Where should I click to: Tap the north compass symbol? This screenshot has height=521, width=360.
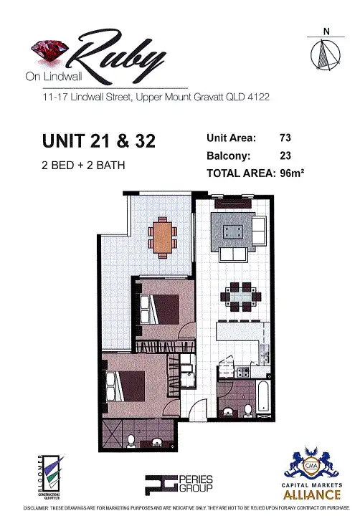tap(326, 52)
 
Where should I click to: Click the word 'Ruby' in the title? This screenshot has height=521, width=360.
tap(122, 56)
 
